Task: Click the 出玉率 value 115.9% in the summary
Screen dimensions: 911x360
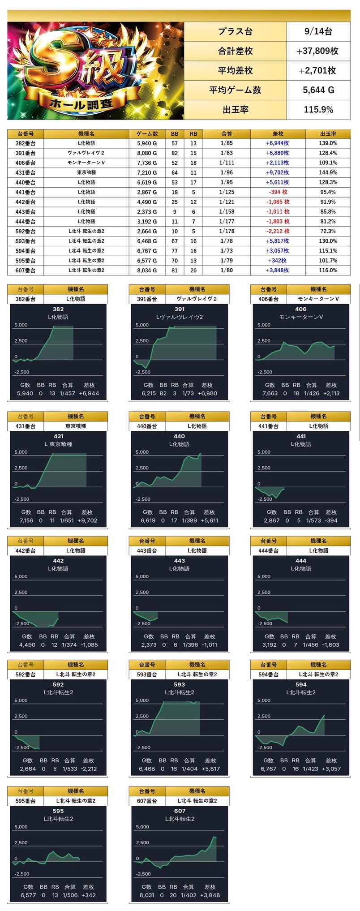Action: pos(318,110)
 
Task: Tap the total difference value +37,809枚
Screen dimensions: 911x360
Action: pos(318,51)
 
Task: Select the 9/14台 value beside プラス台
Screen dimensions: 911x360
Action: pos(318,31)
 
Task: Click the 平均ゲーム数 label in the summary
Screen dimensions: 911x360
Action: pos(235,90)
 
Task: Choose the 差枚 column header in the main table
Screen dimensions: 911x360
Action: pos(278,134)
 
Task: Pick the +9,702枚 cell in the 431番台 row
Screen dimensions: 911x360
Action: pos(278,172)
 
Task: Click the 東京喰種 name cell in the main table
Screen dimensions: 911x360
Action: pos(86,172)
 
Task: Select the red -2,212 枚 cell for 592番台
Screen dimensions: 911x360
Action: pos(278,231)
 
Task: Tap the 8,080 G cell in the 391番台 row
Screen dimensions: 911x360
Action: pos(147,153)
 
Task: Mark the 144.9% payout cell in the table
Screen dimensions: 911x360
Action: pos(328,172)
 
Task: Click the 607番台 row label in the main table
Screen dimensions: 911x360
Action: pos(25,271)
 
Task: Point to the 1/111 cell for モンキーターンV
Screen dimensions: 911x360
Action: pos(227,163)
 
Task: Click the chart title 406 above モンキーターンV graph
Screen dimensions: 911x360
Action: pos(301,309)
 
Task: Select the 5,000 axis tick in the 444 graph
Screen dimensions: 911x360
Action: pos(264,576)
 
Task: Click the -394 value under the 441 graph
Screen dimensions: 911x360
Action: pos(331,520)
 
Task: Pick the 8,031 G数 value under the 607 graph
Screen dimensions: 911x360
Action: pos(147,895)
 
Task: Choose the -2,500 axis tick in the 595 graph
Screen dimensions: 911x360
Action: pos(22,873)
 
